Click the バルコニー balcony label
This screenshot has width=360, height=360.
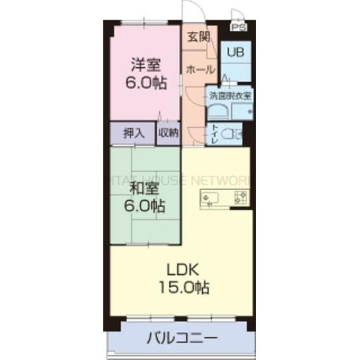pos(182,340)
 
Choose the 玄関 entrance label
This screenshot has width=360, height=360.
pos(198,37)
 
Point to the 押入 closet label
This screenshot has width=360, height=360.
pos(133,134)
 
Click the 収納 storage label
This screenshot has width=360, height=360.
pos(169,134)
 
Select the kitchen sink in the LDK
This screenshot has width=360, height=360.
pos(211,199)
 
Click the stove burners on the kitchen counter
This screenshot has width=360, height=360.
pos(241,199)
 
